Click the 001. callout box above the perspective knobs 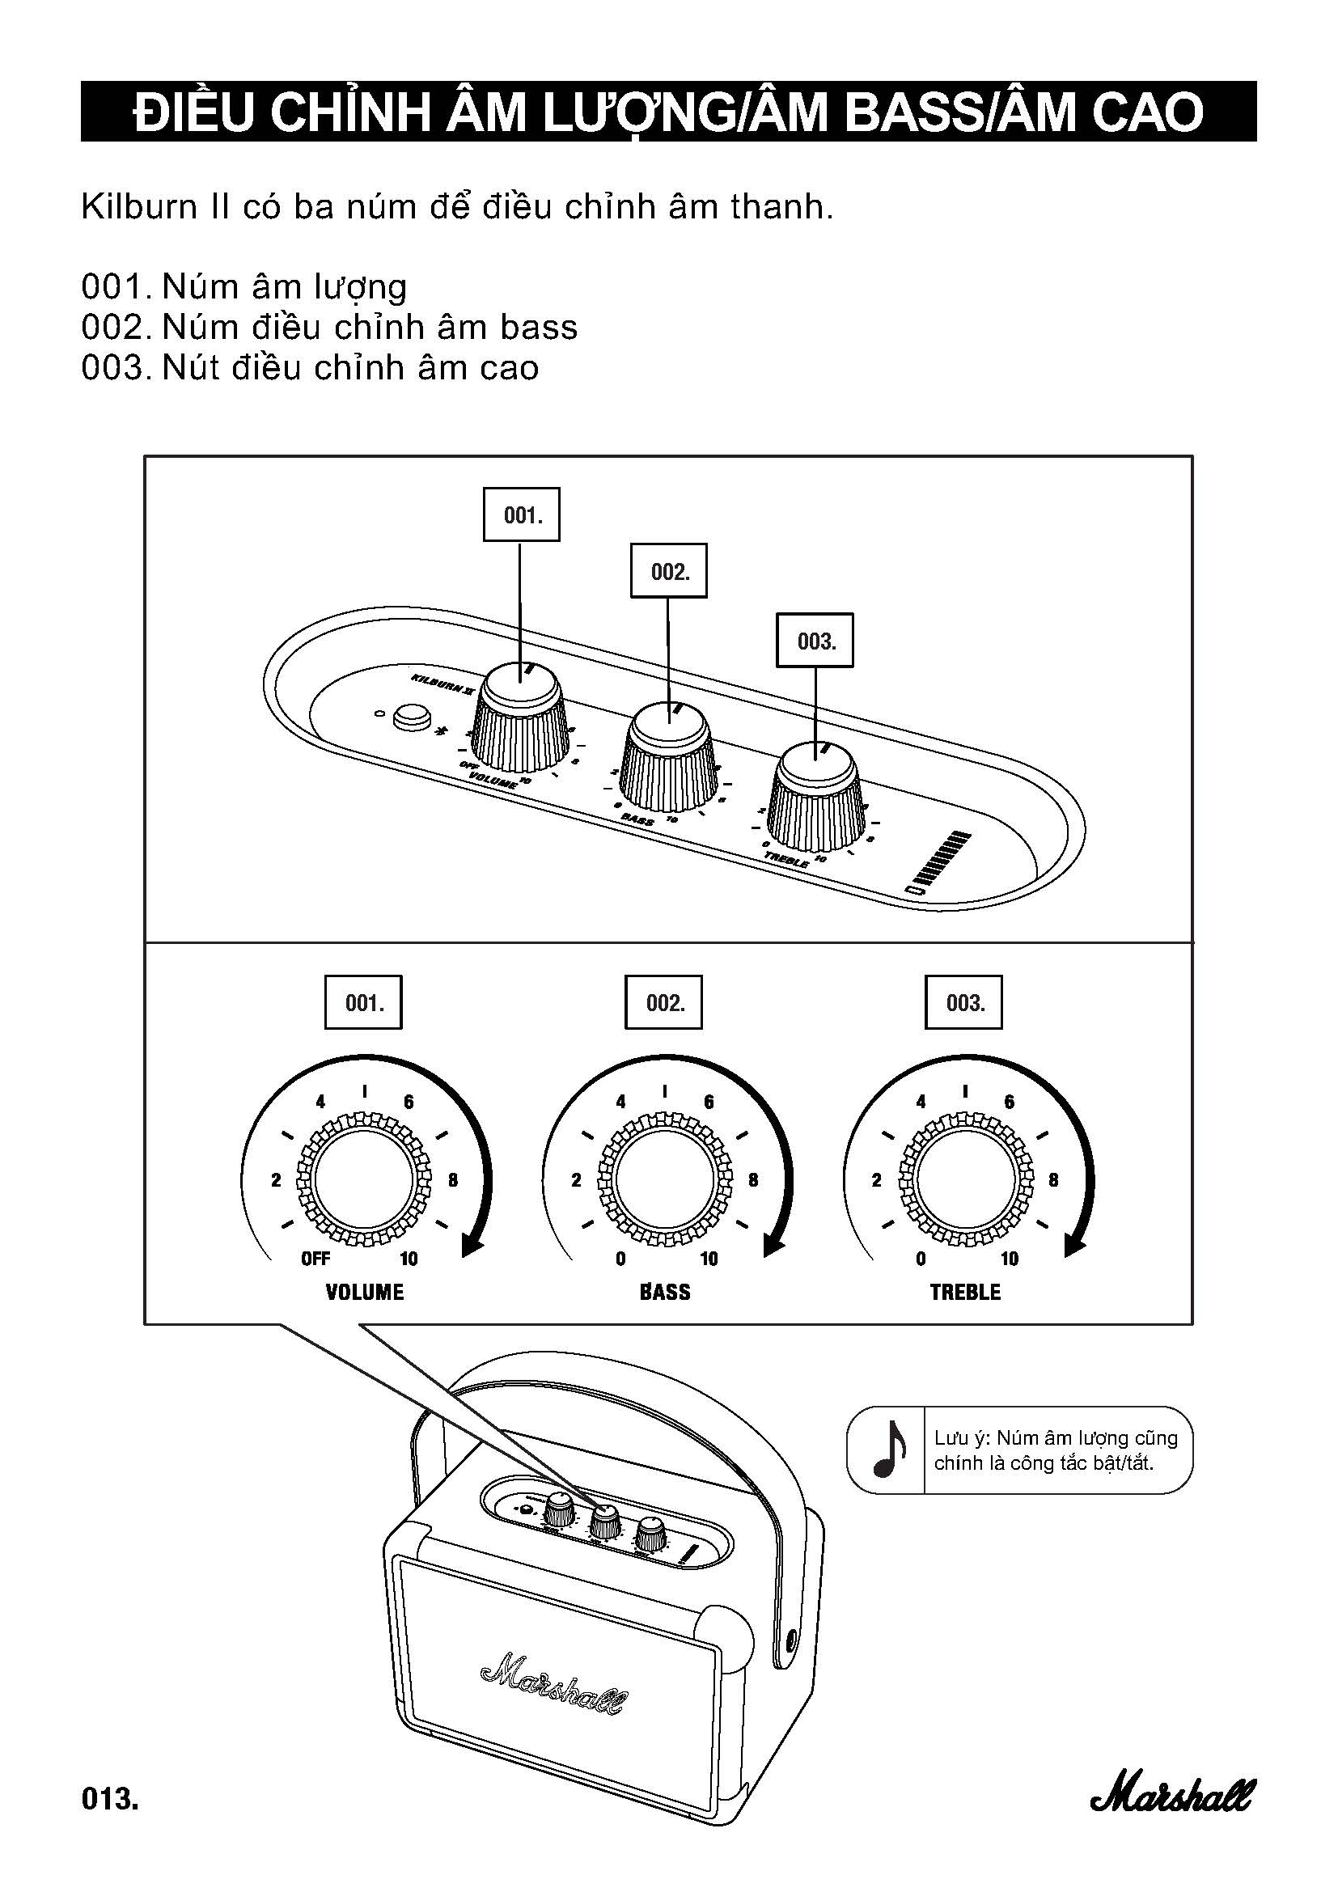(x=521, y=515)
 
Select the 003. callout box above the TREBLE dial (x=963, y=1003)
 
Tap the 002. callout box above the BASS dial (x=663, y=1003)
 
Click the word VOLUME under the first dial (x=364, y=1291)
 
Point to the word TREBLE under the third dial (x=965, y=1291)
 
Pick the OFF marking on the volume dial (x=315, y=1259)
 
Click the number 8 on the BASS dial (x=753, y=1180)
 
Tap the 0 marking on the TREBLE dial (x=921, y=1259)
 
